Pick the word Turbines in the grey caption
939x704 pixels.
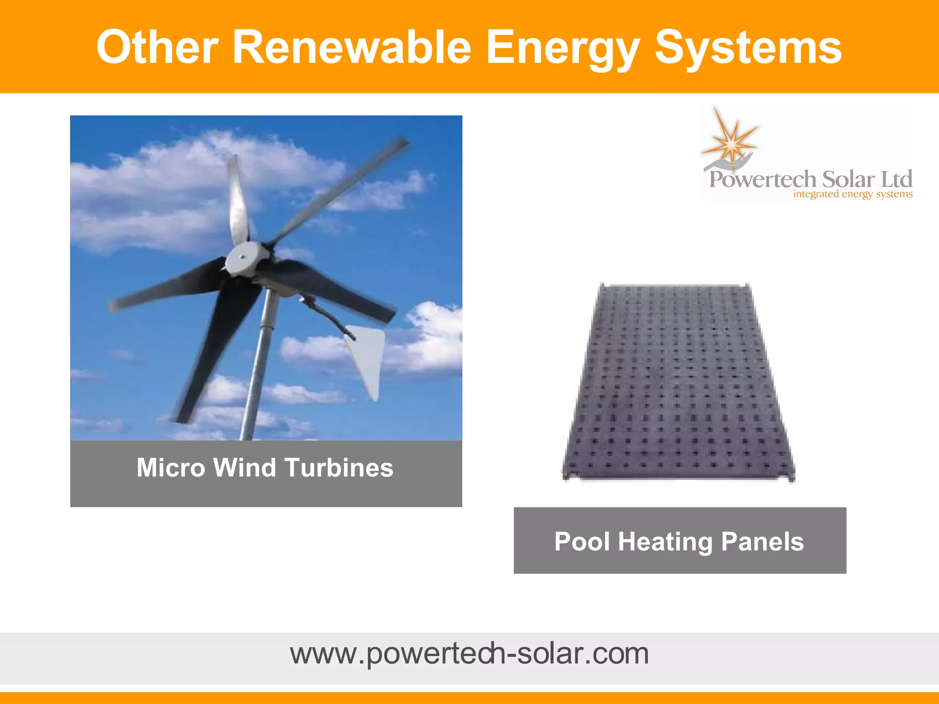[x=339, y=468]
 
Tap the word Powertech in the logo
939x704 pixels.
[x=763, y=179]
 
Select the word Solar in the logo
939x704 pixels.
[x=848, y=179]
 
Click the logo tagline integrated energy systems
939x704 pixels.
[x=853, y=194]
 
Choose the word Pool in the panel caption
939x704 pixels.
[x=582, y=542]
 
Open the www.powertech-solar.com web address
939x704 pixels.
[x=469, y=654]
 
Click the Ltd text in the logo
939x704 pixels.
[x=897, y=179]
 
